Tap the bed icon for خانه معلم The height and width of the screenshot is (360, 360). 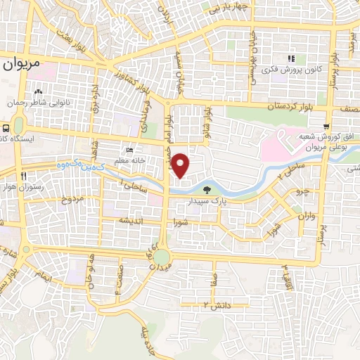point(129,150)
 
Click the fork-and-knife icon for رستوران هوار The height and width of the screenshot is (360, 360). point(25,176)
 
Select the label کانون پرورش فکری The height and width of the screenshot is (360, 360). point(290,70)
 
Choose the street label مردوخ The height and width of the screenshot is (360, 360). point(71,200)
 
